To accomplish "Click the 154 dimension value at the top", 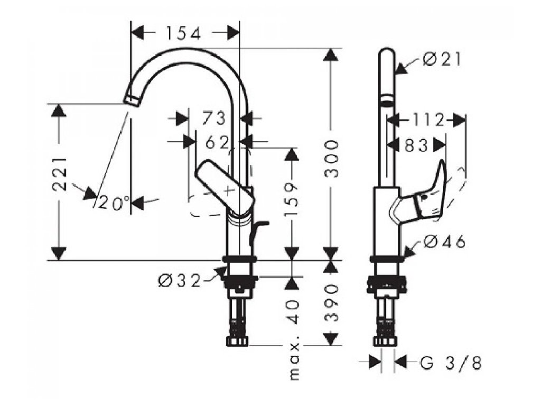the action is [182, 33].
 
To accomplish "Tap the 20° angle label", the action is [114, 202].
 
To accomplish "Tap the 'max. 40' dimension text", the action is [294, 339].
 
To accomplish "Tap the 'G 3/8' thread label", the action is [451, 363].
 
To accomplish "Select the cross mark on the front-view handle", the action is [229, 188].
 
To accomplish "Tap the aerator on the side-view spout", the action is [387, 100].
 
